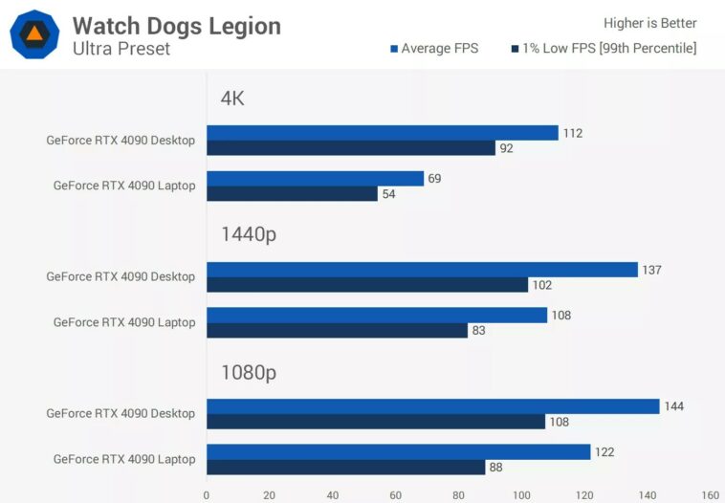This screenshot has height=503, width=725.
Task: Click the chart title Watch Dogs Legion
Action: (177, 26)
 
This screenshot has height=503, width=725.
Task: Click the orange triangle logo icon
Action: (34, 34)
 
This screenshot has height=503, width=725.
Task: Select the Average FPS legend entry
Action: (434, 49)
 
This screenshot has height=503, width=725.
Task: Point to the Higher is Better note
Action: (650, 23)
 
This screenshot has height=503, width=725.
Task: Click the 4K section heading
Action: (232, 98)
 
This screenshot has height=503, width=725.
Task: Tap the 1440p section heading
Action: (249, 235)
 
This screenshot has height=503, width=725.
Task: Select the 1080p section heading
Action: (249, 372)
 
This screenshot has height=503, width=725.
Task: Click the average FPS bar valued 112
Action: (383, 133)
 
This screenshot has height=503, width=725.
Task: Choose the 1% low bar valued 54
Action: (292, 194)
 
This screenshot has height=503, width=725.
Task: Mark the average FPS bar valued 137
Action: (422, 270)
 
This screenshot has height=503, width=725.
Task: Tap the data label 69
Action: (436, 179)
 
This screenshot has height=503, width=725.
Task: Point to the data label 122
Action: (604, 452)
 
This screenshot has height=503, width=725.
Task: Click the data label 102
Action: (542, 285)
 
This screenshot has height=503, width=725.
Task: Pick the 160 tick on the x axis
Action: (710, 495)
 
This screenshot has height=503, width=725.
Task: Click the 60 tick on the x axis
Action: (395, 495)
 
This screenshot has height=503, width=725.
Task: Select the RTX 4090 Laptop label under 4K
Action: (124, 186)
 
